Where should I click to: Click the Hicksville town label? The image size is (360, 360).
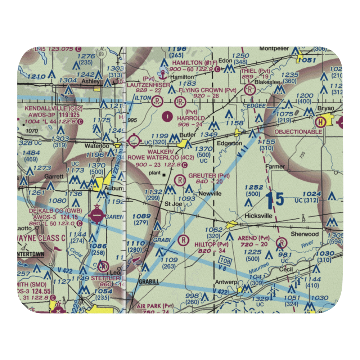pos(257,217)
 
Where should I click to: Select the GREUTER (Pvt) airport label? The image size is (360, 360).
pos(209,176)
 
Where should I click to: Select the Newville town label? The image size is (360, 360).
pos(210,193)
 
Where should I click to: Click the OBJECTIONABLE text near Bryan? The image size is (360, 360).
pos(298,132)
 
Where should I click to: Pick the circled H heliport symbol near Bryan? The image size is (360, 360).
pos(319,122)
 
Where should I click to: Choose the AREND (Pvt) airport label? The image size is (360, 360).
pos(254,238)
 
